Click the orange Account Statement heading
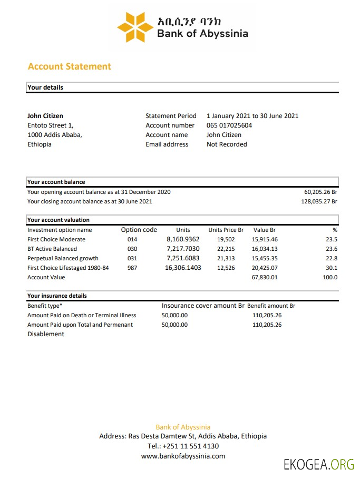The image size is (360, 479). pyautogui.click(x=70, y=66)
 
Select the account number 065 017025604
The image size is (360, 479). pyautogui.click(x=229, y=125)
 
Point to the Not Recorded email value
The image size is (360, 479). pyautogui.click(x=227, y=144)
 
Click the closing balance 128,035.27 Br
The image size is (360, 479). pyautogui.click(x=319, y=201)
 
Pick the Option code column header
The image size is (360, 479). pyautogui.click(x=139, y=230)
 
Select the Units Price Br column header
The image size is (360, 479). pyautogui.click(x=226, y=230)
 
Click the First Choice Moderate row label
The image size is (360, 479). pyautogui.click(x=56, y=239)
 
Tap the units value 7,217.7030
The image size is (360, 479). pyautogui.click(x=183, y=249)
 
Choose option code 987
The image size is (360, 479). pyautogui.click(x=132, y=268)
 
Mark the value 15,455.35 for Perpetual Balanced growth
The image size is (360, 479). pyautogui.click(x=265, y=258)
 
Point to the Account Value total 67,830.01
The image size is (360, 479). pyautogui.click(x=265, y=277)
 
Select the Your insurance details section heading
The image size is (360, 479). pyautogui.click(x=57, y=296)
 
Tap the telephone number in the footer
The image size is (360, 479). pyautogui.click(x=183, y=446)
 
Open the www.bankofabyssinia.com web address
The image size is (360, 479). pyautogui.click(x=183, y=456)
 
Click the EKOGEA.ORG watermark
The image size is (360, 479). pyautogui.click(x=318, y=464)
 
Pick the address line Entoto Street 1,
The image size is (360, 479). pyautogui.click(x=51, y=125)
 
